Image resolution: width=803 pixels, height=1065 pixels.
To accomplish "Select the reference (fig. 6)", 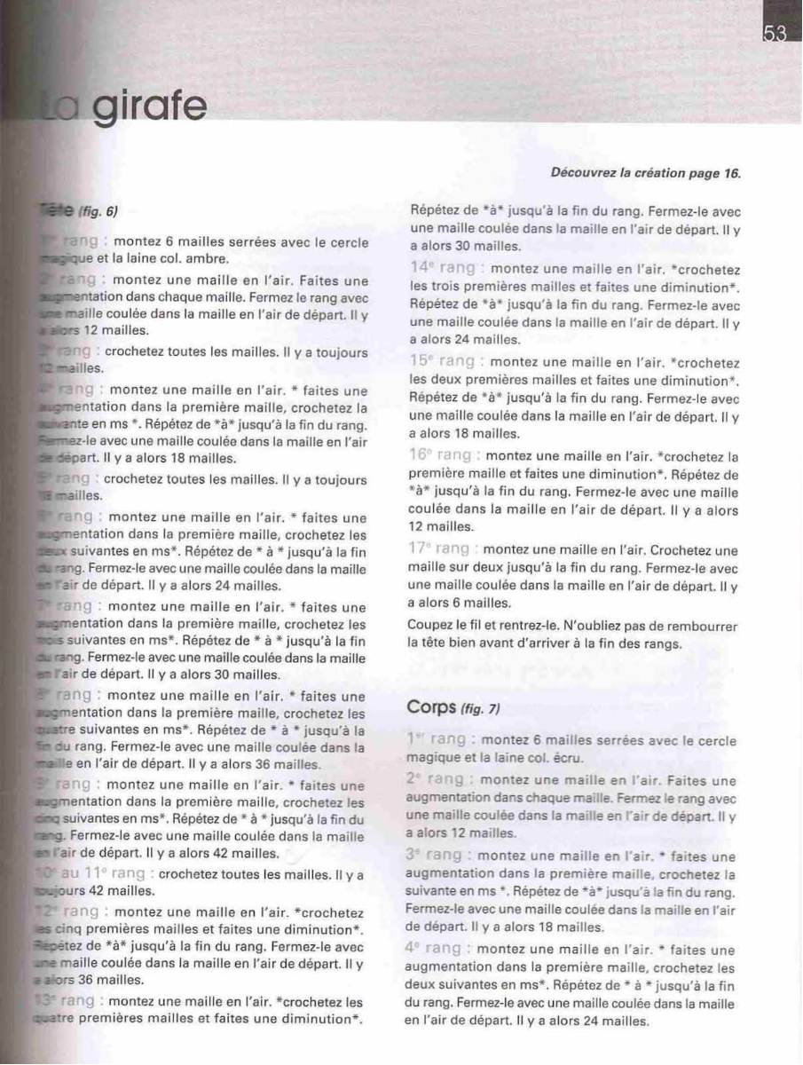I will pyautogui.click(x=98, y=211).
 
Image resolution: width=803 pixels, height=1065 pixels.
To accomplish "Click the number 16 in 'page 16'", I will pyautogui.click(x=731, y=173).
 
